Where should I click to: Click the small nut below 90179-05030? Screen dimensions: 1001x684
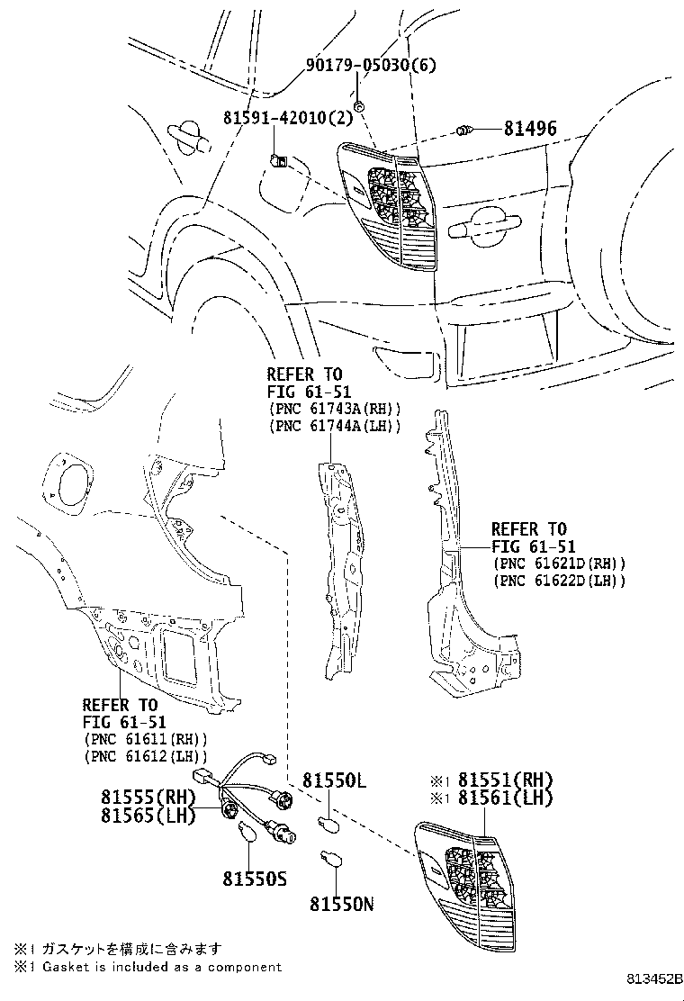click(358, 107)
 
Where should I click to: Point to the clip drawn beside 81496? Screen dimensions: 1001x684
click(465, 132)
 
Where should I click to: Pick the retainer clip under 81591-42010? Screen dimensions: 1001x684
click(278, 161)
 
